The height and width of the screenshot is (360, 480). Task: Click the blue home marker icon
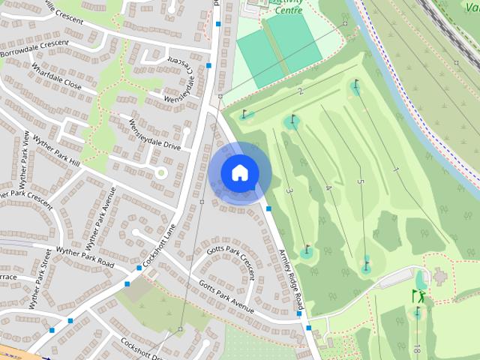[239, 172]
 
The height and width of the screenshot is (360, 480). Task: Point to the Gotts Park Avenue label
[226, 297]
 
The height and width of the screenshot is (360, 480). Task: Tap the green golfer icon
[420, 296]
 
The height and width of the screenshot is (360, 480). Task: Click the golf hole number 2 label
[300, 91]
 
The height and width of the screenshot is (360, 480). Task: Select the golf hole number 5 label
[361, 181]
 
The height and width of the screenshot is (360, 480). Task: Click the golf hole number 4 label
[328, 187]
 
